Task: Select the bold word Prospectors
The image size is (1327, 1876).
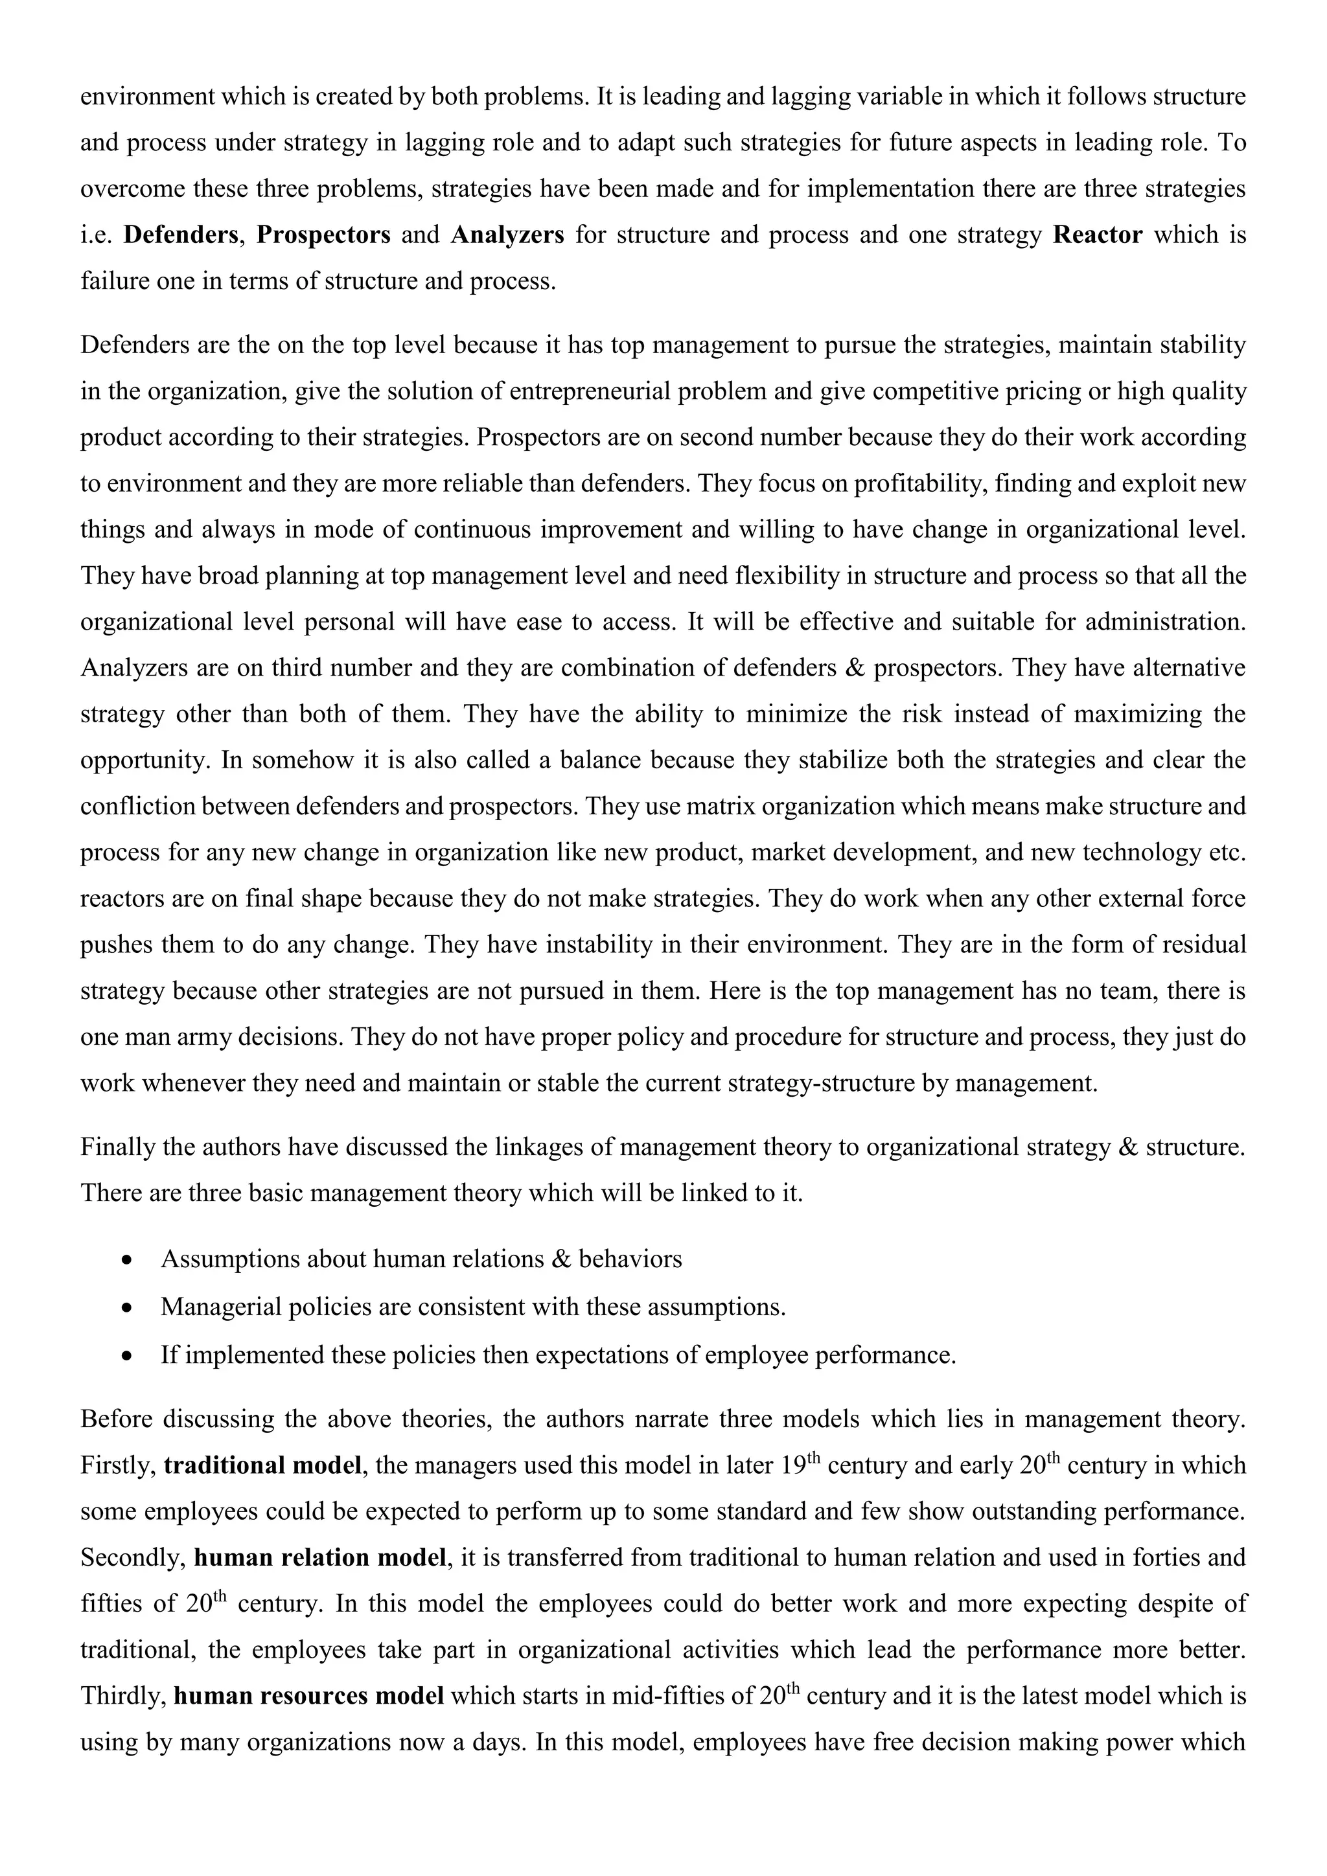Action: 323,235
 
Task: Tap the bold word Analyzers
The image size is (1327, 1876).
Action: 507,235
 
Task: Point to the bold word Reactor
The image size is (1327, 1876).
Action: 1098,235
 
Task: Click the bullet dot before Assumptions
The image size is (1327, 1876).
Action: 125,1261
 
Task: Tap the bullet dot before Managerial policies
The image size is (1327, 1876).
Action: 125,1308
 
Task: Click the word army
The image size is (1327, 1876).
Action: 207,1038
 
